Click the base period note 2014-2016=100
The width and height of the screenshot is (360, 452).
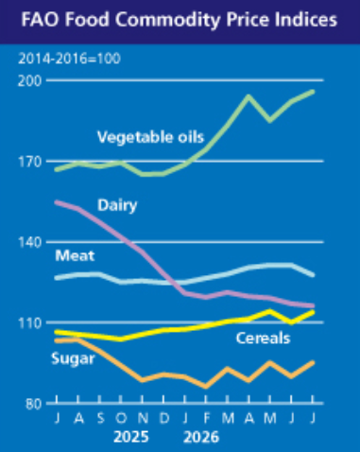69,59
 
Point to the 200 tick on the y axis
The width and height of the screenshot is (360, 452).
30,81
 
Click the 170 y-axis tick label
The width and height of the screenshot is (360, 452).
30,162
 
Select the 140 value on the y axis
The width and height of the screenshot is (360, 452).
30,242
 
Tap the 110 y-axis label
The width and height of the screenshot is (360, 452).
30,323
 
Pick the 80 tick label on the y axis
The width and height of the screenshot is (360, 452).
34,404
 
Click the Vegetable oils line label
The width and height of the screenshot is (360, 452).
151,137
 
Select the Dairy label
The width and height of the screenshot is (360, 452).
117,205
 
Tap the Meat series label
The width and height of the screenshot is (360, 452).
75,255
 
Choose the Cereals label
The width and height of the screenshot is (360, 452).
263,339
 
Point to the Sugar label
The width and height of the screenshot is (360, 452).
73,359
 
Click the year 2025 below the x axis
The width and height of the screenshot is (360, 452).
131,438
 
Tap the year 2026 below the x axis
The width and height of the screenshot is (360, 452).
201,438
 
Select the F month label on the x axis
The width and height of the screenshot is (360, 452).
207,419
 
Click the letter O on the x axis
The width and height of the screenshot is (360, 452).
121,419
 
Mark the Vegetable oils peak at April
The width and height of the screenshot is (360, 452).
249,96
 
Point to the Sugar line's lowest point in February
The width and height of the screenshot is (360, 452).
206,387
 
